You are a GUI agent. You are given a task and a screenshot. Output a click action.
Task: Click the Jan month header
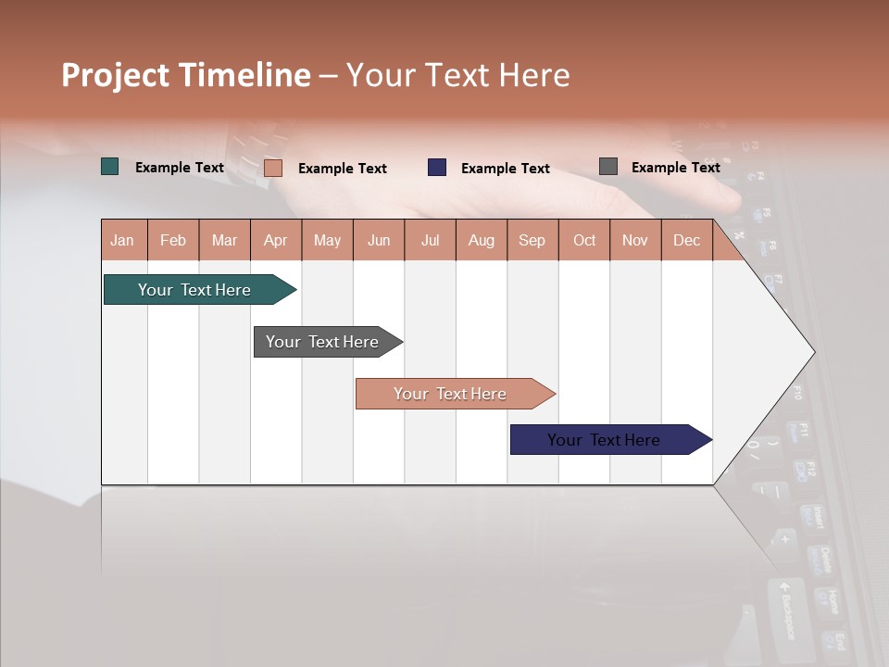[x=123, y=241]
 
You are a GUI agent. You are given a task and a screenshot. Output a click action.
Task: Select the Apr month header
[x=276, y=241]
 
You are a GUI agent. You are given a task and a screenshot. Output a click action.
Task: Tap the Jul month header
[x=430, y=241]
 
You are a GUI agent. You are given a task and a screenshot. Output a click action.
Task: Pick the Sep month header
[x=532, y=241]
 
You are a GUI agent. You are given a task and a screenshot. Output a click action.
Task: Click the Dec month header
[x=686, y=241]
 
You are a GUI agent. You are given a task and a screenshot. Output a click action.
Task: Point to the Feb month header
[x=173, y=241]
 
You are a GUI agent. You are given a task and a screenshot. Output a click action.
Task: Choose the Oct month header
[x=584, y=241]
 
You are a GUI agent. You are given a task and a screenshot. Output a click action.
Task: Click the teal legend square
[x=110, y=167]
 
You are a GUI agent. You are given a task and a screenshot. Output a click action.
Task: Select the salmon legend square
[x=273, y=168]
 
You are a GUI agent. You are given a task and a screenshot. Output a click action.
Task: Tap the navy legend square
[x=437, y=168]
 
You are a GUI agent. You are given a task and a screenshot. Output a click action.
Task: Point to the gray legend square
[x=608, y=167]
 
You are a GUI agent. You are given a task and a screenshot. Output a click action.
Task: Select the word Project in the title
[x=116, y=75]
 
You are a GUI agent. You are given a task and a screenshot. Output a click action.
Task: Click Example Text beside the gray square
[x=675, y=168]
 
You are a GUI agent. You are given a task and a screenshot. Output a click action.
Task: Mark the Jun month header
[x=379, y=241]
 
